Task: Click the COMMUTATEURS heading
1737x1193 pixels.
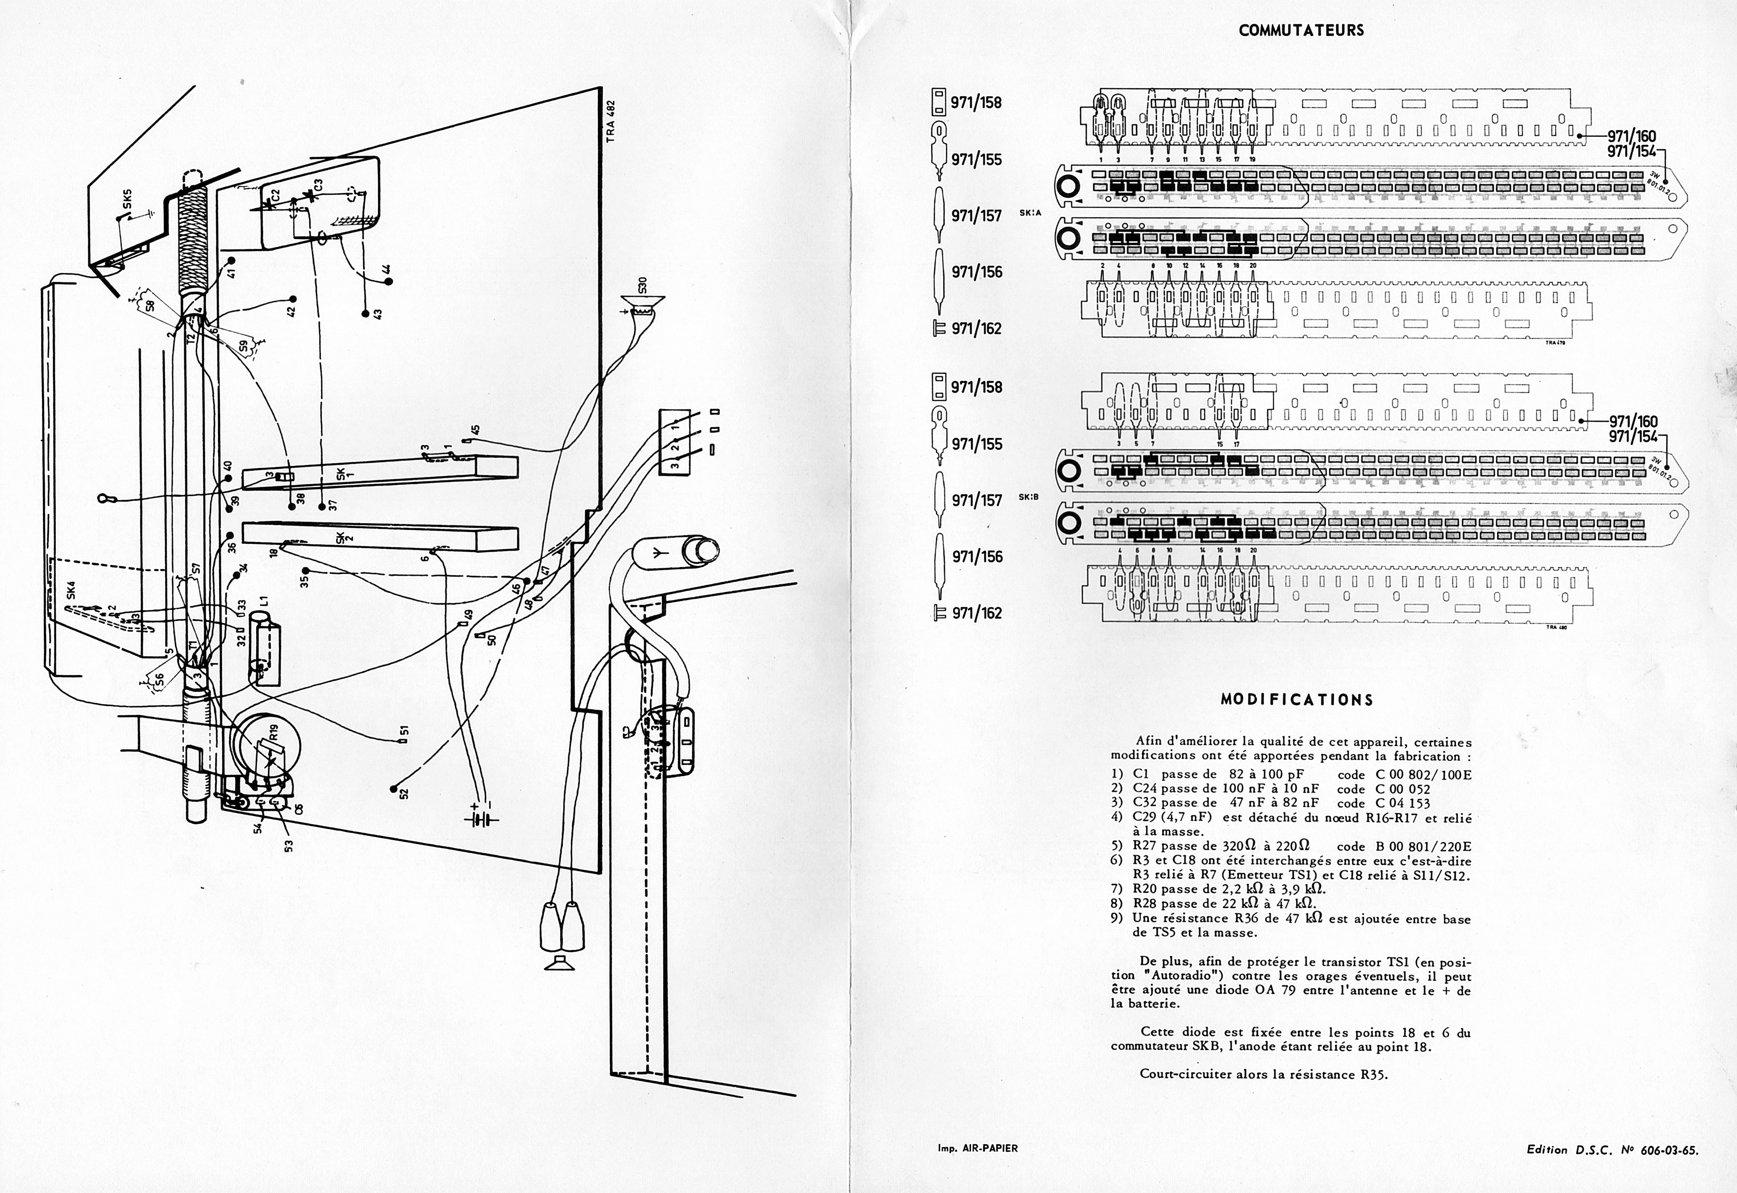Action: (x=1300, y=31)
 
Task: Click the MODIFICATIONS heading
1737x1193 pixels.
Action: (x=1297, y=700)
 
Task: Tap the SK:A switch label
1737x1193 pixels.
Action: (x=1030, y=213)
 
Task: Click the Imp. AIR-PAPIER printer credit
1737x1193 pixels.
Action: (x=978, y=1147)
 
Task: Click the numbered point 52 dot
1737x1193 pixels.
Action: (x=393, y=788)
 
